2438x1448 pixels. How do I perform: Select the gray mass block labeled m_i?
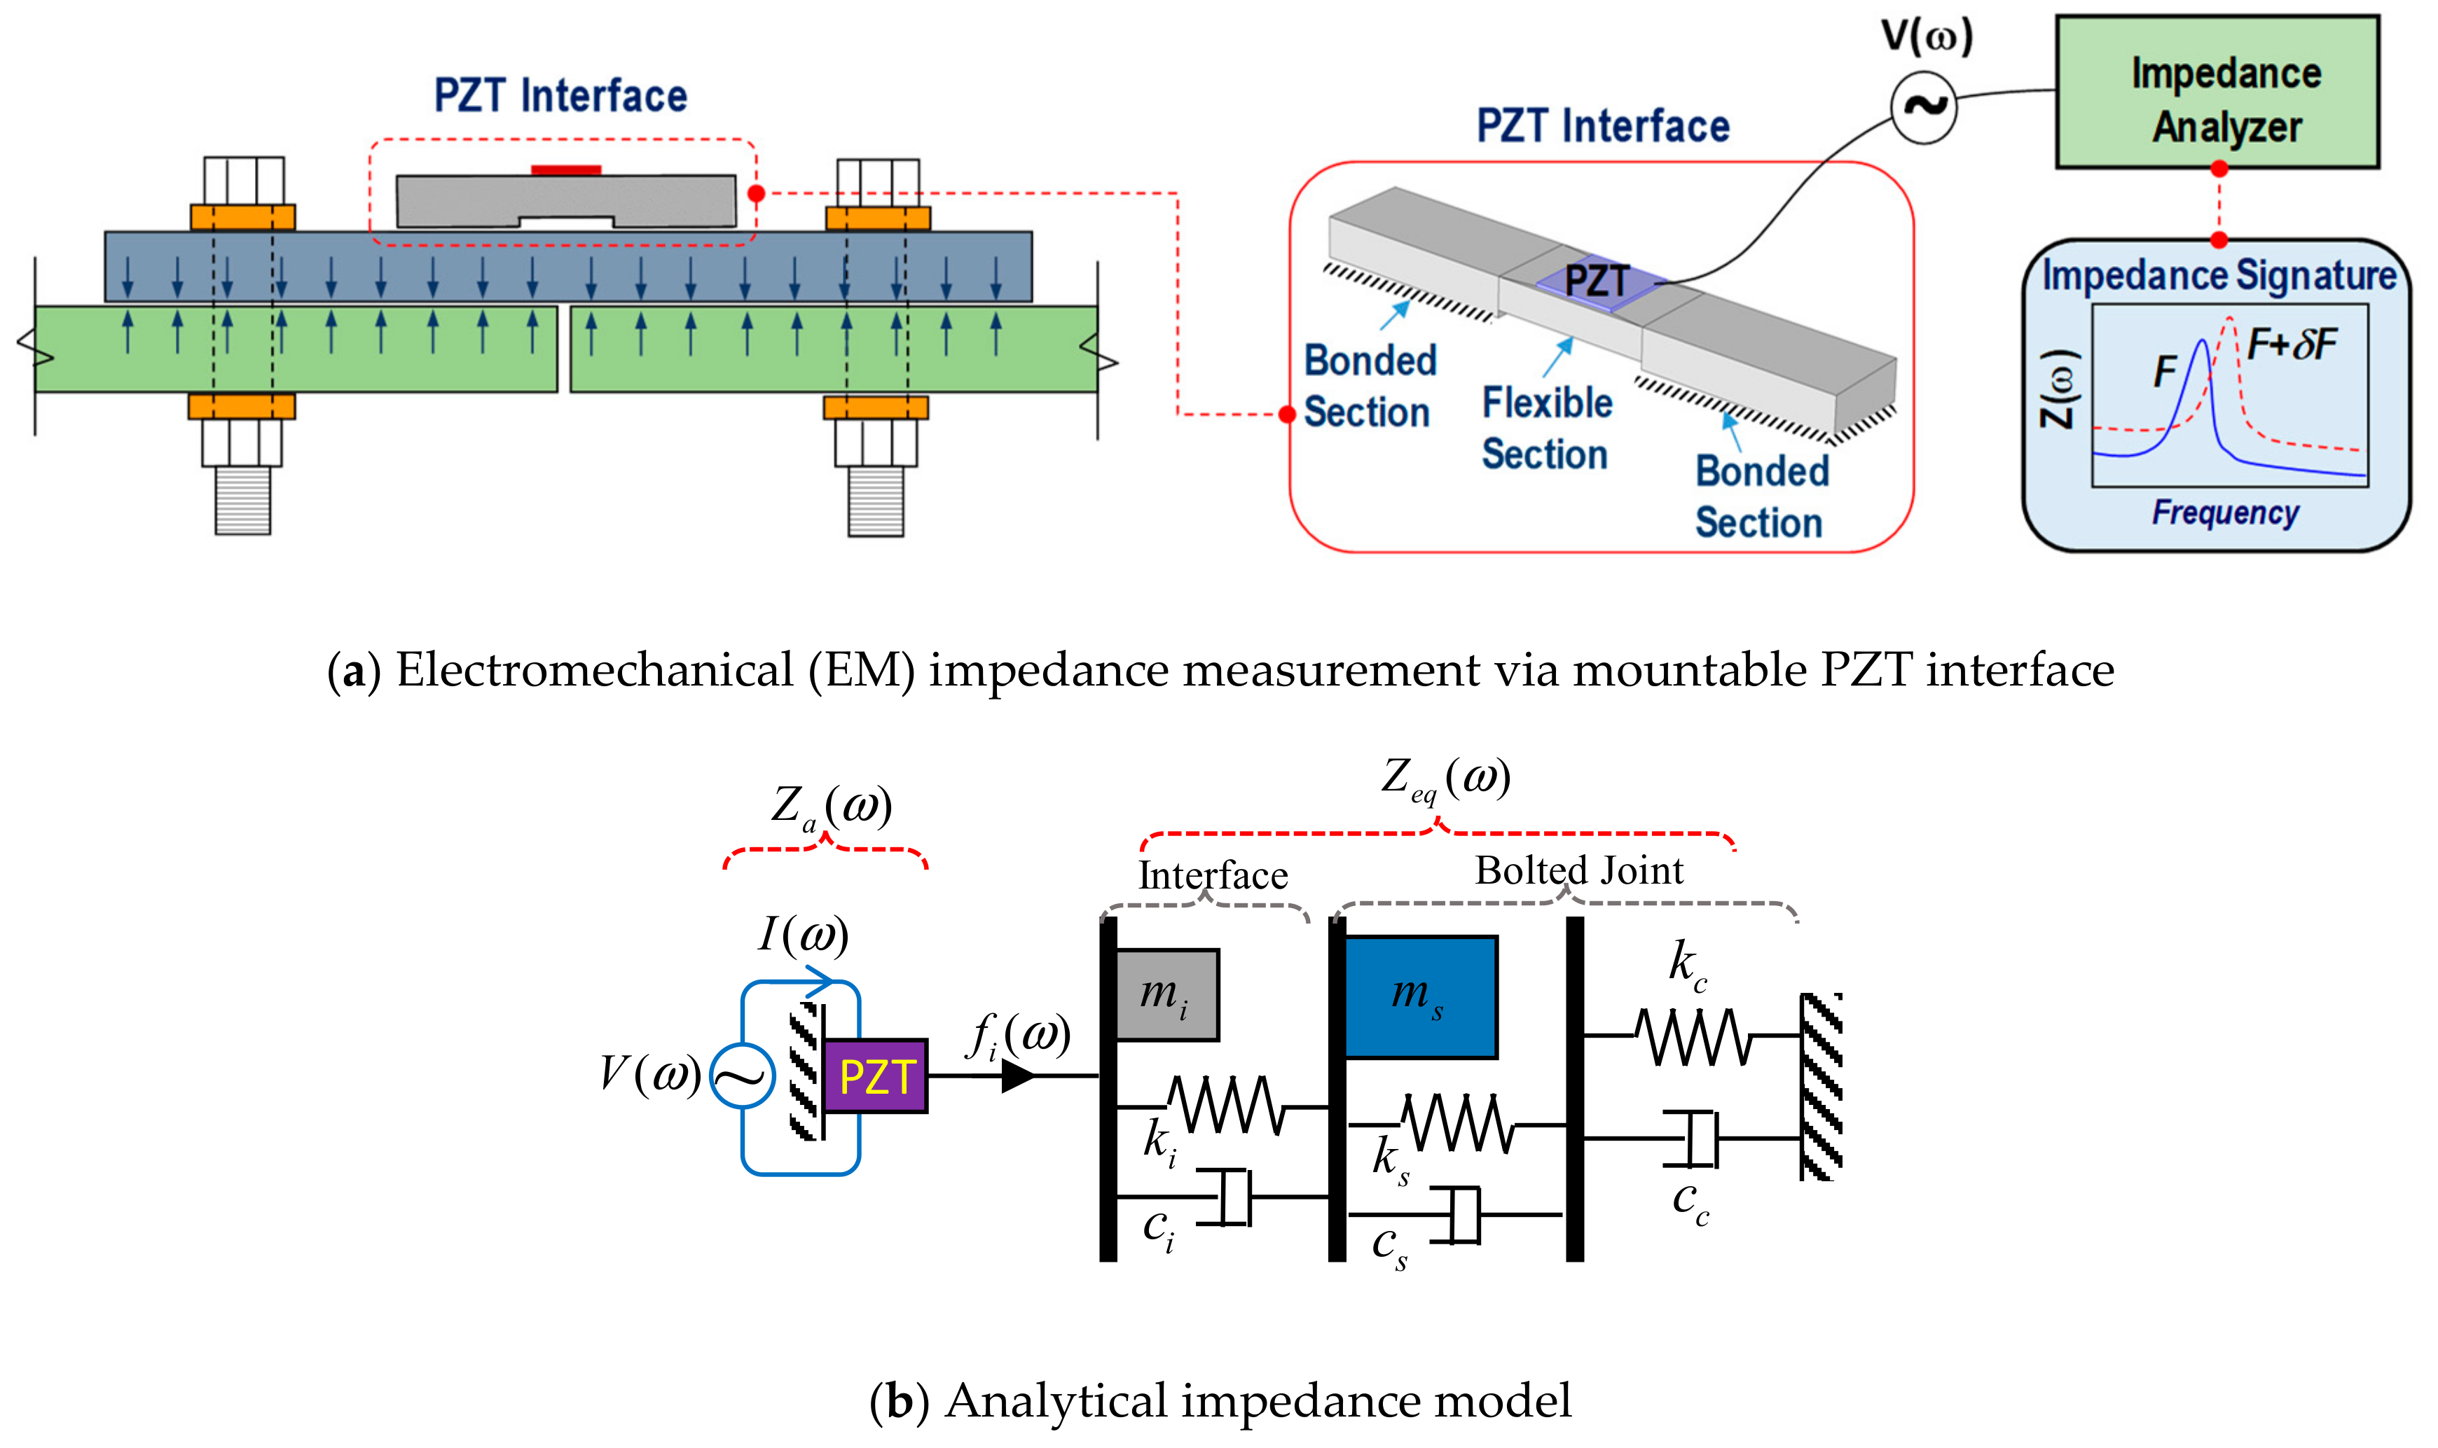point(1166,994)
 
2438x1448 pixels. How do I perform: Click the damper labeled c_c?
point(1701,1138)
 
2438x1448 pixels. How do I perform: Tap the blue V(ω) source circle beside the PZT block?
point(742,1076)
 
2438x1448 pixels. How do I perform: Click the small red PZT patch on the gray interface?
point(565,169)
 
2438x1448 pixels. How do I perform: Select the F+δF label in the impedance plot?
point(2291,344)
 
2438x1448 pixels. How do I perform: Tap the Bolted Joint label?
point(1578,870)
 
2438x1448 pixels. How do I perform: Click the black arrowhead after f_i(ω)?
point(1017,1076)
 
